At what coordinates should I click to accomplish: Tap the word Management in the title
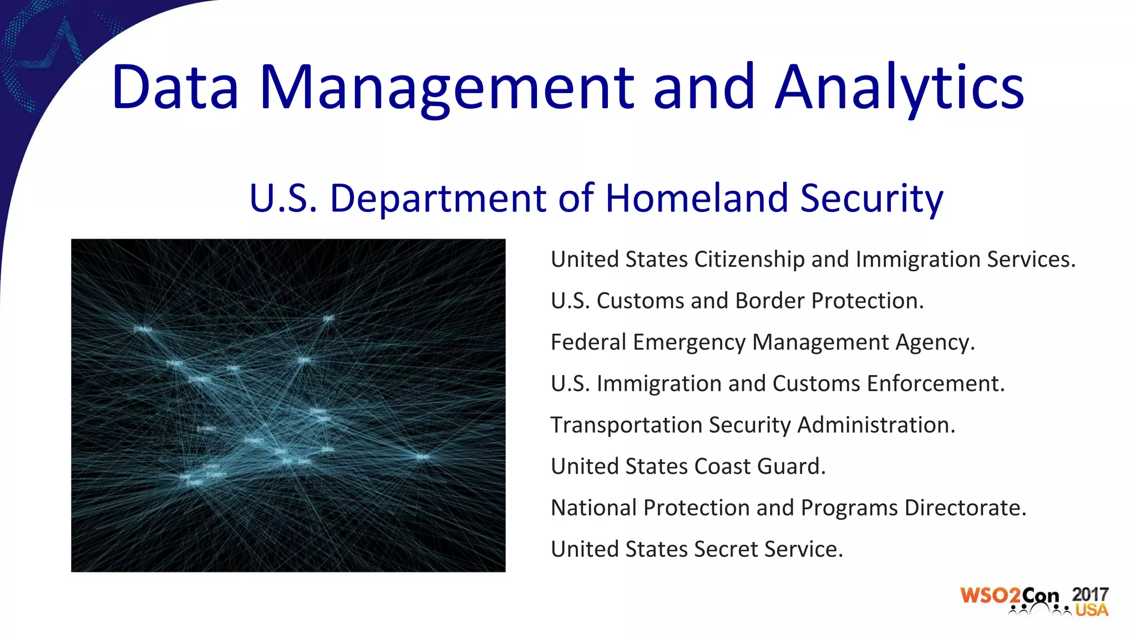click(446, 88)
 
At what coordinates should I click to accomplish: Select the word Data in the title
click(175, 88)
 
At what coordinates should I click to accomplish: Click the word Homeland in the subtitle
click(696, 198)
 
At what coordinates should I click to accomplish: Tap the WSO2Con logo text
click(1010, 596)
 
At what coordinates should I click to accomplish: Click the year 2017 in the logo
click(1090, 594)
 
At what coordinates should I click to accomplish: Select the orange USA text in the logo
click(1092, 610)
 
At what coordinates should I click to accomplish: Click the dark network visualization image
click(288, 405)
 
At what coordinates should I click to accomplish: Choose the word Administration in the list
click(876, 425)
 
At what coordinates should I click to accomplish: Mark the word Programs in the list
click(849, 508)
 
